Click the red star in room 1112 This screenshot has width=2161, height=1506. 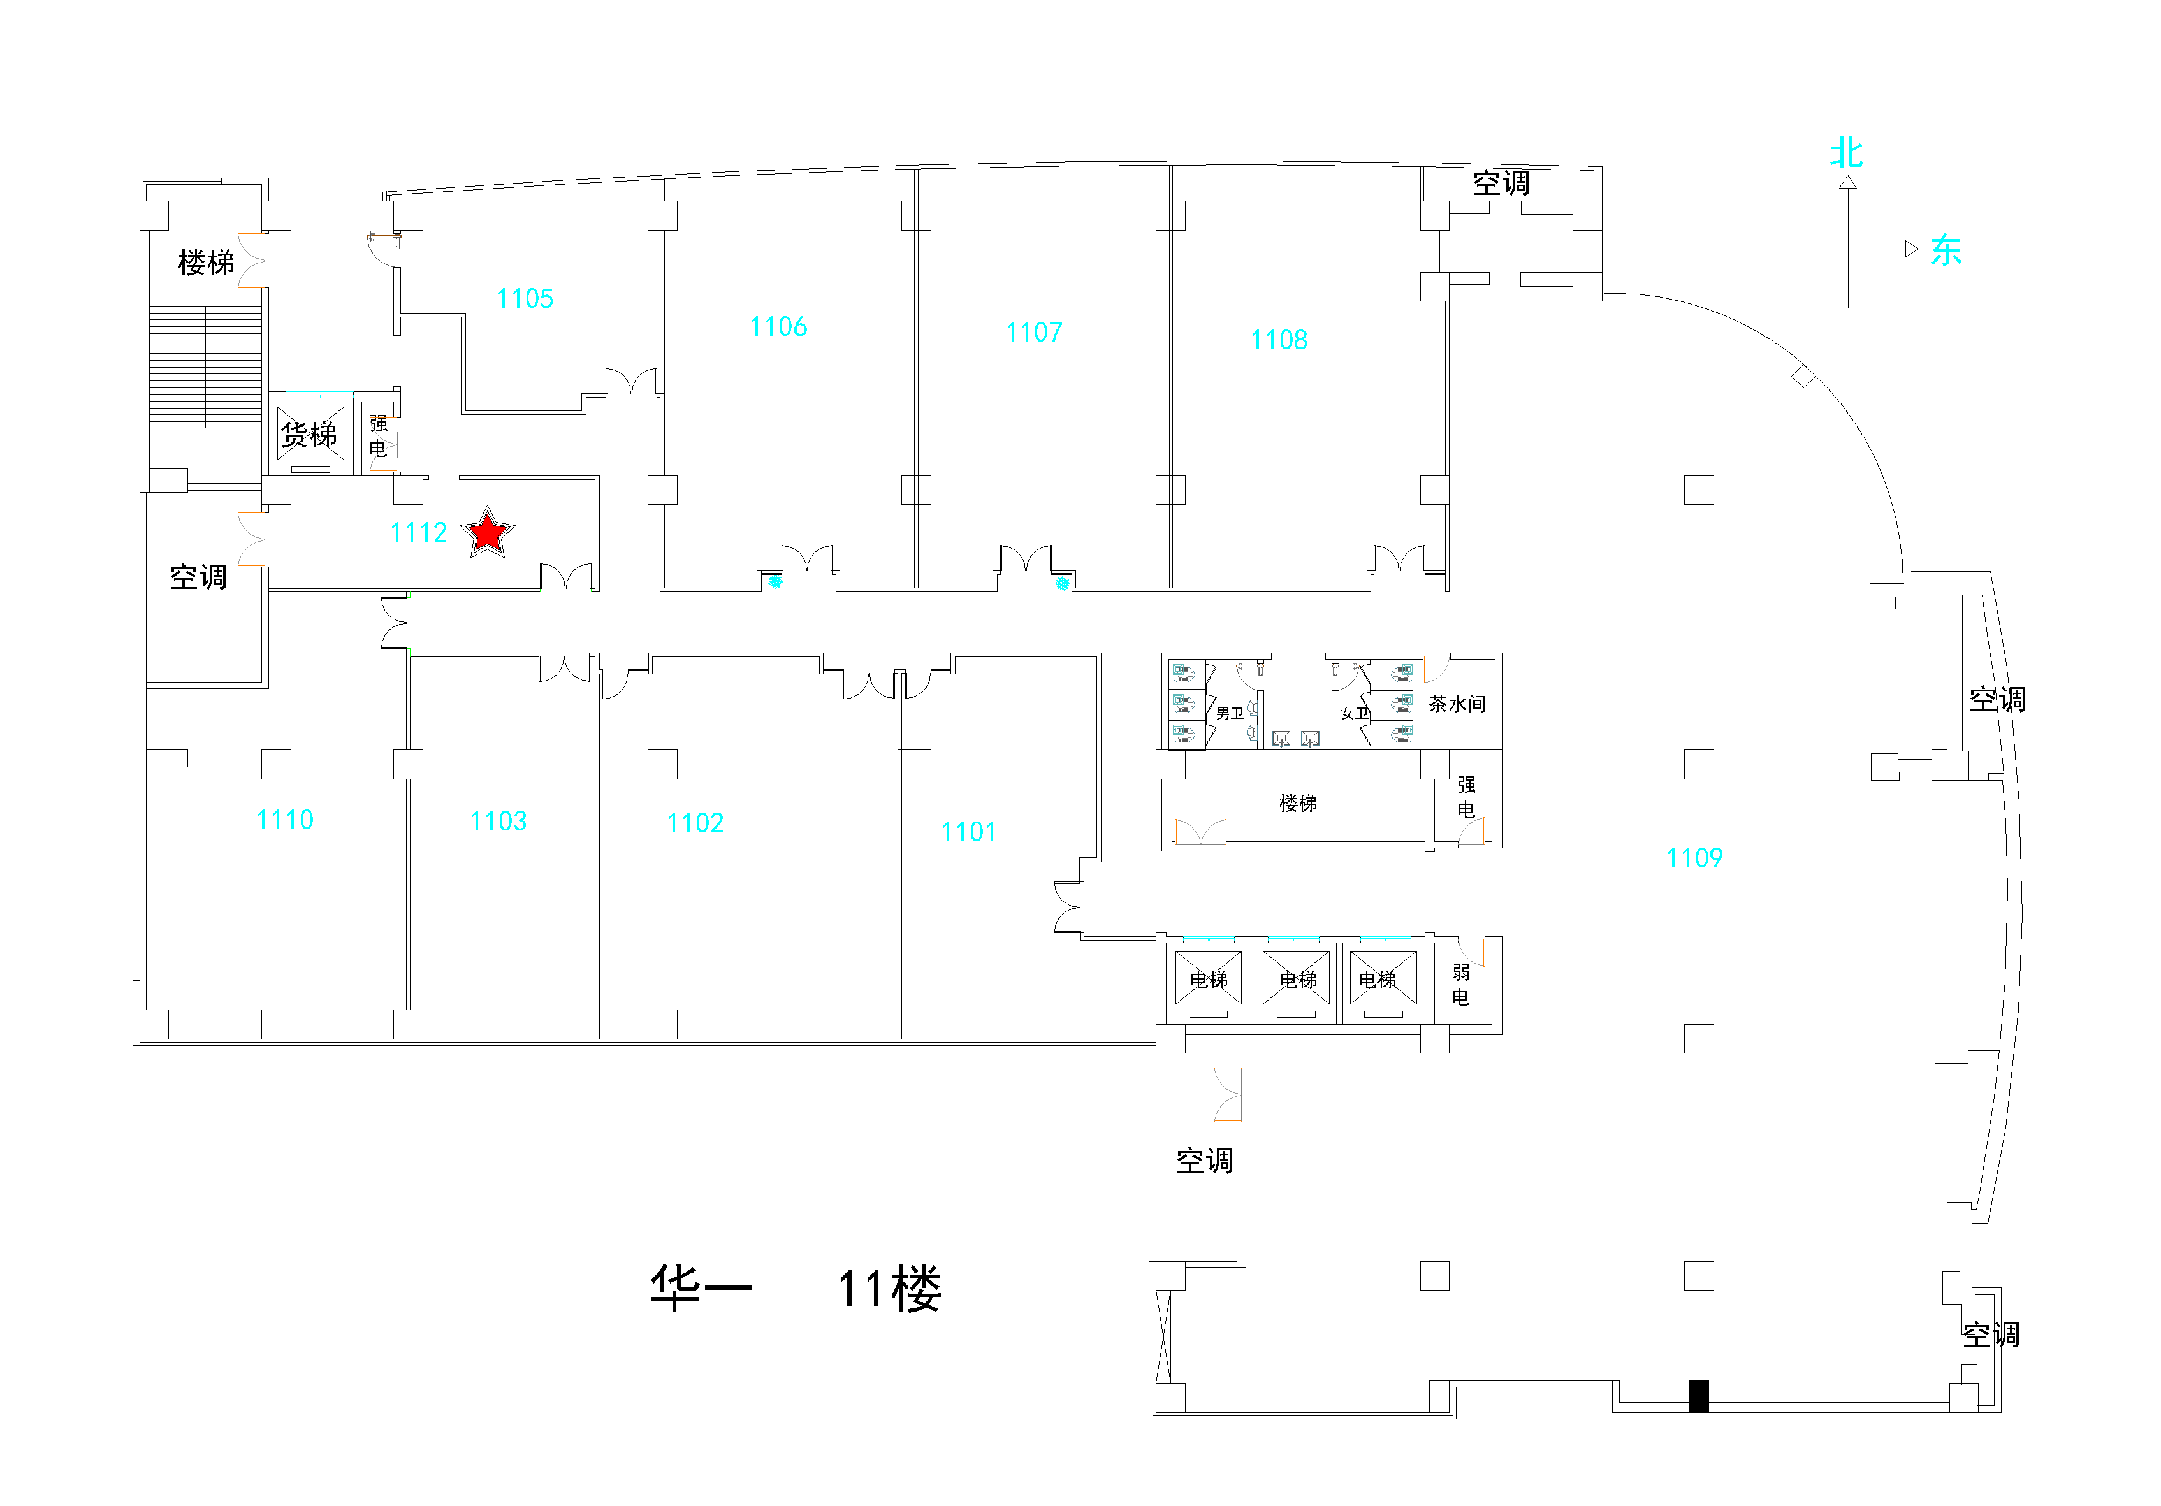488,533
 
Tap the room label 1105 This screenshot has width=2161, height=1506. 525,300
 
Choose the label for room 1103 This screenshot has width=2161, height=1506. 499,822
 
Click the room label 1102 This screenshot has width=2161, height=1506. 695,823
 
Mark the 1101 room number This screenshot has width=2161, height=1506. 968,832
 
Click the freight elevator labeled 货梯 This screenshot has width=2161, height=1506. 310,435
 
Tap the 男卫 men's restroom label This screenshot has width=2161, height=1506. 1230,713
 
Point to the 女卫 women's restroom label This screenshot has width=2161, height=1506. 1355,713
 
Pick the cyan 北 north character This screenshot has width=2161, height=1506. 1847,152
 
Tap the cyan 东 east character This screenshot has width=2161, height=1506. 1946,250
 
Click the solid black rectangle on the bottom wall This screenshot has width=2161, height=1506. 1699,1396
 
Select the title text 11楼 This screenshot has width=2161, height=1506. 889,1289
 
